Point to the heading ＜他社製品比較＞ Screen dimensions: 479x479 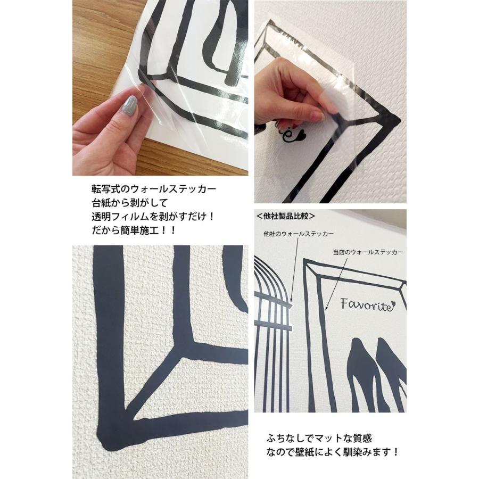pyautogui.click(x=286, y=217)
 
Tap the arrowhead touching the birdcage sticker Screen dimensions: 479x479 pyautogui.click(x=292, y=304)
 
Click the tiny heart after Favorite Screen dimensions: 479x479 pyautogui.click(x=392, y=305)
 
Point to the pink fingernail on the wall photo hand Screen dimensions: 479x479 pyautogui.click(x=317, y=116)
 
